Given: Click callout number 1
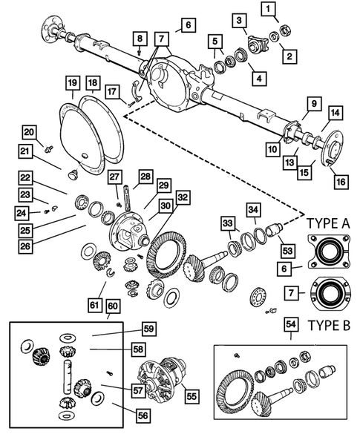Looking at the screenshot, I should tap(269, 9).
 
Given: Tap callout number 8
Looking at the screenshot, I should tap(140, 39).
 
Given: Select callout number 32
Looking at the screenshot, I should tap(181, 197).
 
